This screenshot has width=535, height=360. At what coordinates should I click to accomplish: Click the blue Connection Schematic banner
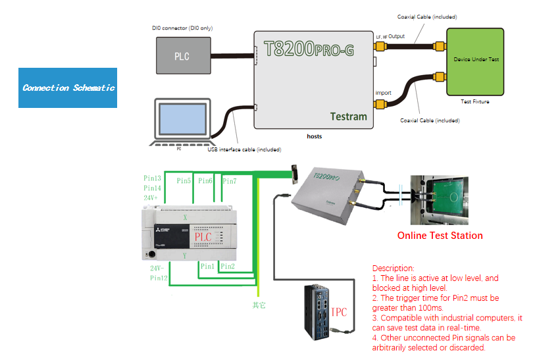pyautogui.click(x=68, y=88)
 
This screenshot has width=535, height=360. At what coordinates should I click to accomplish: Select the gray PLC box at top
pyautogui.click(x=182, y=56)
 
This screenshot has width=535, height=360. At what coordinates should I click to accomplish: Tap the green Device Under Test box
pyautogui.click(x=475, y=61)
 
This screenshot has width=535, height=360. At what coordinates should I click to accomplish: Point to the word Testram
pyautogui.click(x=348, y=116)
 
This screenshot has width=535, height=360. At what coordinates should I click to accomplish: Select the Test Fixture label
pyautogui.click(x=474, y=102)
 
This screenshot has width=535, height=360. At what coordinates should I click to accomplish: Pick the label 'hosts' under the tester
pyautogui.click(x=314, y=136)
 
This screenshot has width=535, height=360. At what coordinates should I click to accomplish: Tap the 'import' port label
pyautogui.click(x=383, y=93)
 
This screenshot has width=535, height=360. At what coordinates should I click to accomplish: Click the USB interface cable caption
pyautogui.click(x=243, y=149)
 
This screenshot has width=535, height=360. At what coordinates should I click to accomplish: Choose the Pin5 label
pyautogui.click(x=184, y=181)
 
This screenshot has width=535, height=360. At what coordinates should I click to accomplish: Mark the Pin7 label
pyautogui.click(x=229, y=181)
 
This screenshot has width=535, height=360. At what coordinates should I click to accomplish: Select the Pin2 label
pyautogui.click(x=228, y=267)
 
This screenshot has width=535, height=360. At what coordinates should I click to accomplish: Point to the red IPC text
pyautogui.click(x=339, y=312)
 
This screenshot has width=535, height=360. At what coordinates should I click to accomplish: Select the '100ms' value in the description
pyautogui.click(x=430, y=307)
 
